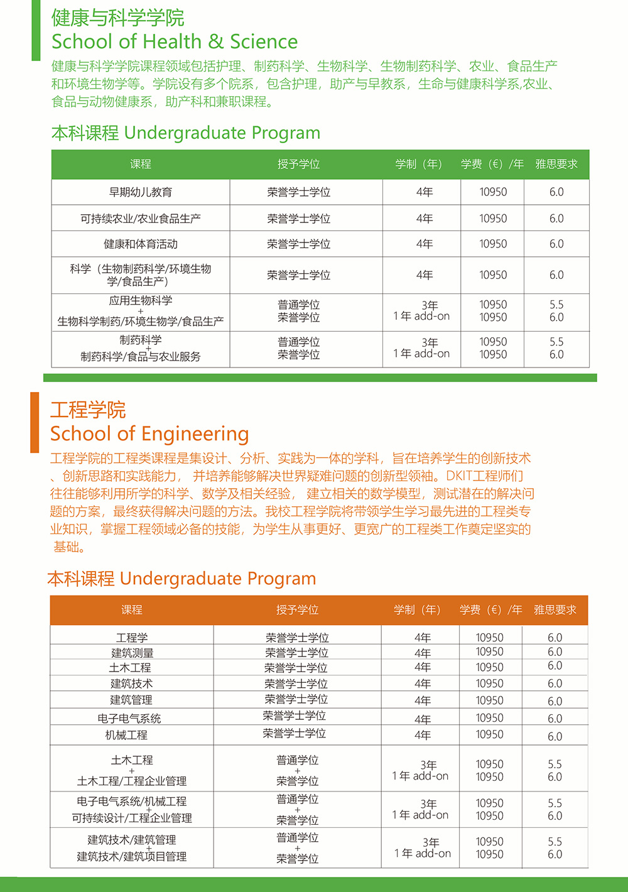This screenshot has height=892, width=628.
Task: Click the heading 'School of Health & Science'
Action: point(175,41)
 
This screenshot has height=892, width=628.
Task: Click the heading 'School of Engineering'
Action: point(149,433)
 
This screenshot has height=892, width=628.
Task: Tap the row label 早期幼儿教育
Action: point(141,192)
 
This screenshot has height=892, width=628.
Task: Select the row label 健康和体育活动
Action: point(141,244)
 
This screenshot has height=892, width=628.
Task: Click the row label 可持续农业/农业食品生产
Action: point(141,219)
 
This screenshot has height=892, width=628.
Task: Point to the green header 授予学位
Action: point(298,164)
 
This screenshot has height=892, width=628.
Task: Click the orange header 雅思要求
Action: point(555,609)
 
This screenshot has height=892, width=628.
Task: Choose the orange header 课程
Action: point(132,609)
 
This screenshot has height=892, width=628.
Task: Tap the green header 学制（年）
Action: point(419,164)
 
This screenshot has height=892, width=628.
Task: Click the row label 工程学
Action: point(132,638)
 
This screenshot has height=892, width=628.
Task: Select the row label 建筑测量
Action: point(132,653)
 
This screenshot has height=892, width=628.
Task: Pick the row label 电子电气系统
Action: point(129,718)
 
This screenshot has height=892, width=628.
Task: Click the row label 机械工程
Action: point(126,734)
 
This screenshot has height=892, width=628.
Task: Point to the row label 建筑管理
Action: point(131,700)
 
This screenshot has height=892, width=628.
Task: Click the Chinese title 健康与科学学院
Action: point(118,18)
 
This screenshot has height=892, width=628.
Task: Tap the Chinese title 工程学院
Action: point(88,410)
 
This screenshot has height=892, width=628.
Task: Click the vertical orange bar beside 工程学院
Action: point(35,422)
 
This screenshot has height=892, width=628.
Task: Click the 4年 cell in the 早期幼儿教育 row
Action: point(425,192)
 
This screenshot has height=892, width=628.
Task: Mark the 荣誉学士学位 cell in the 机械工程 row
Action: point(295,733)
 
